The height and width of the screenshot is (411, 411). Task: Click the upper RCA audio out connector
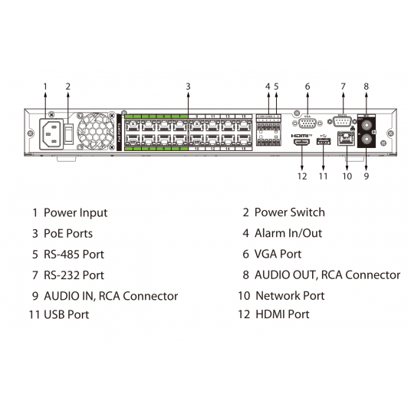point(366,122)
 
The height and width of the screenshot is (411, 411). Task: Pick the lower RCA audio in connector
point(366,140)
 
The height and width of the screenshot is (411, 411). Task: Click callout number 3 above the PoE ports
point(188,86)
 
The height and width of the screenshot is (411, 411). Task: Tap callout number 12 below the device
point(302,176)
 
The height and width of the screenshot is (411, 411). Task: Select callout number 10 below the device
point(347,176)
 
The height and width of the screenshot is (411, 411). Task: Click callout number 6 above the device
point(307,86)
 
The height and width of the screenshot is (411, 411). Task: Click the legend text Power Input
point(75,212)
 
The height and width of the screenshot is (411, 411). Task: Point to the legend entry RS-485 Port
point(74,254)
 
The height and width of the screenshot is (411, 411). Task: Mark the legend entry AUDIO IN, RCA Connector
point(110,295)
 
